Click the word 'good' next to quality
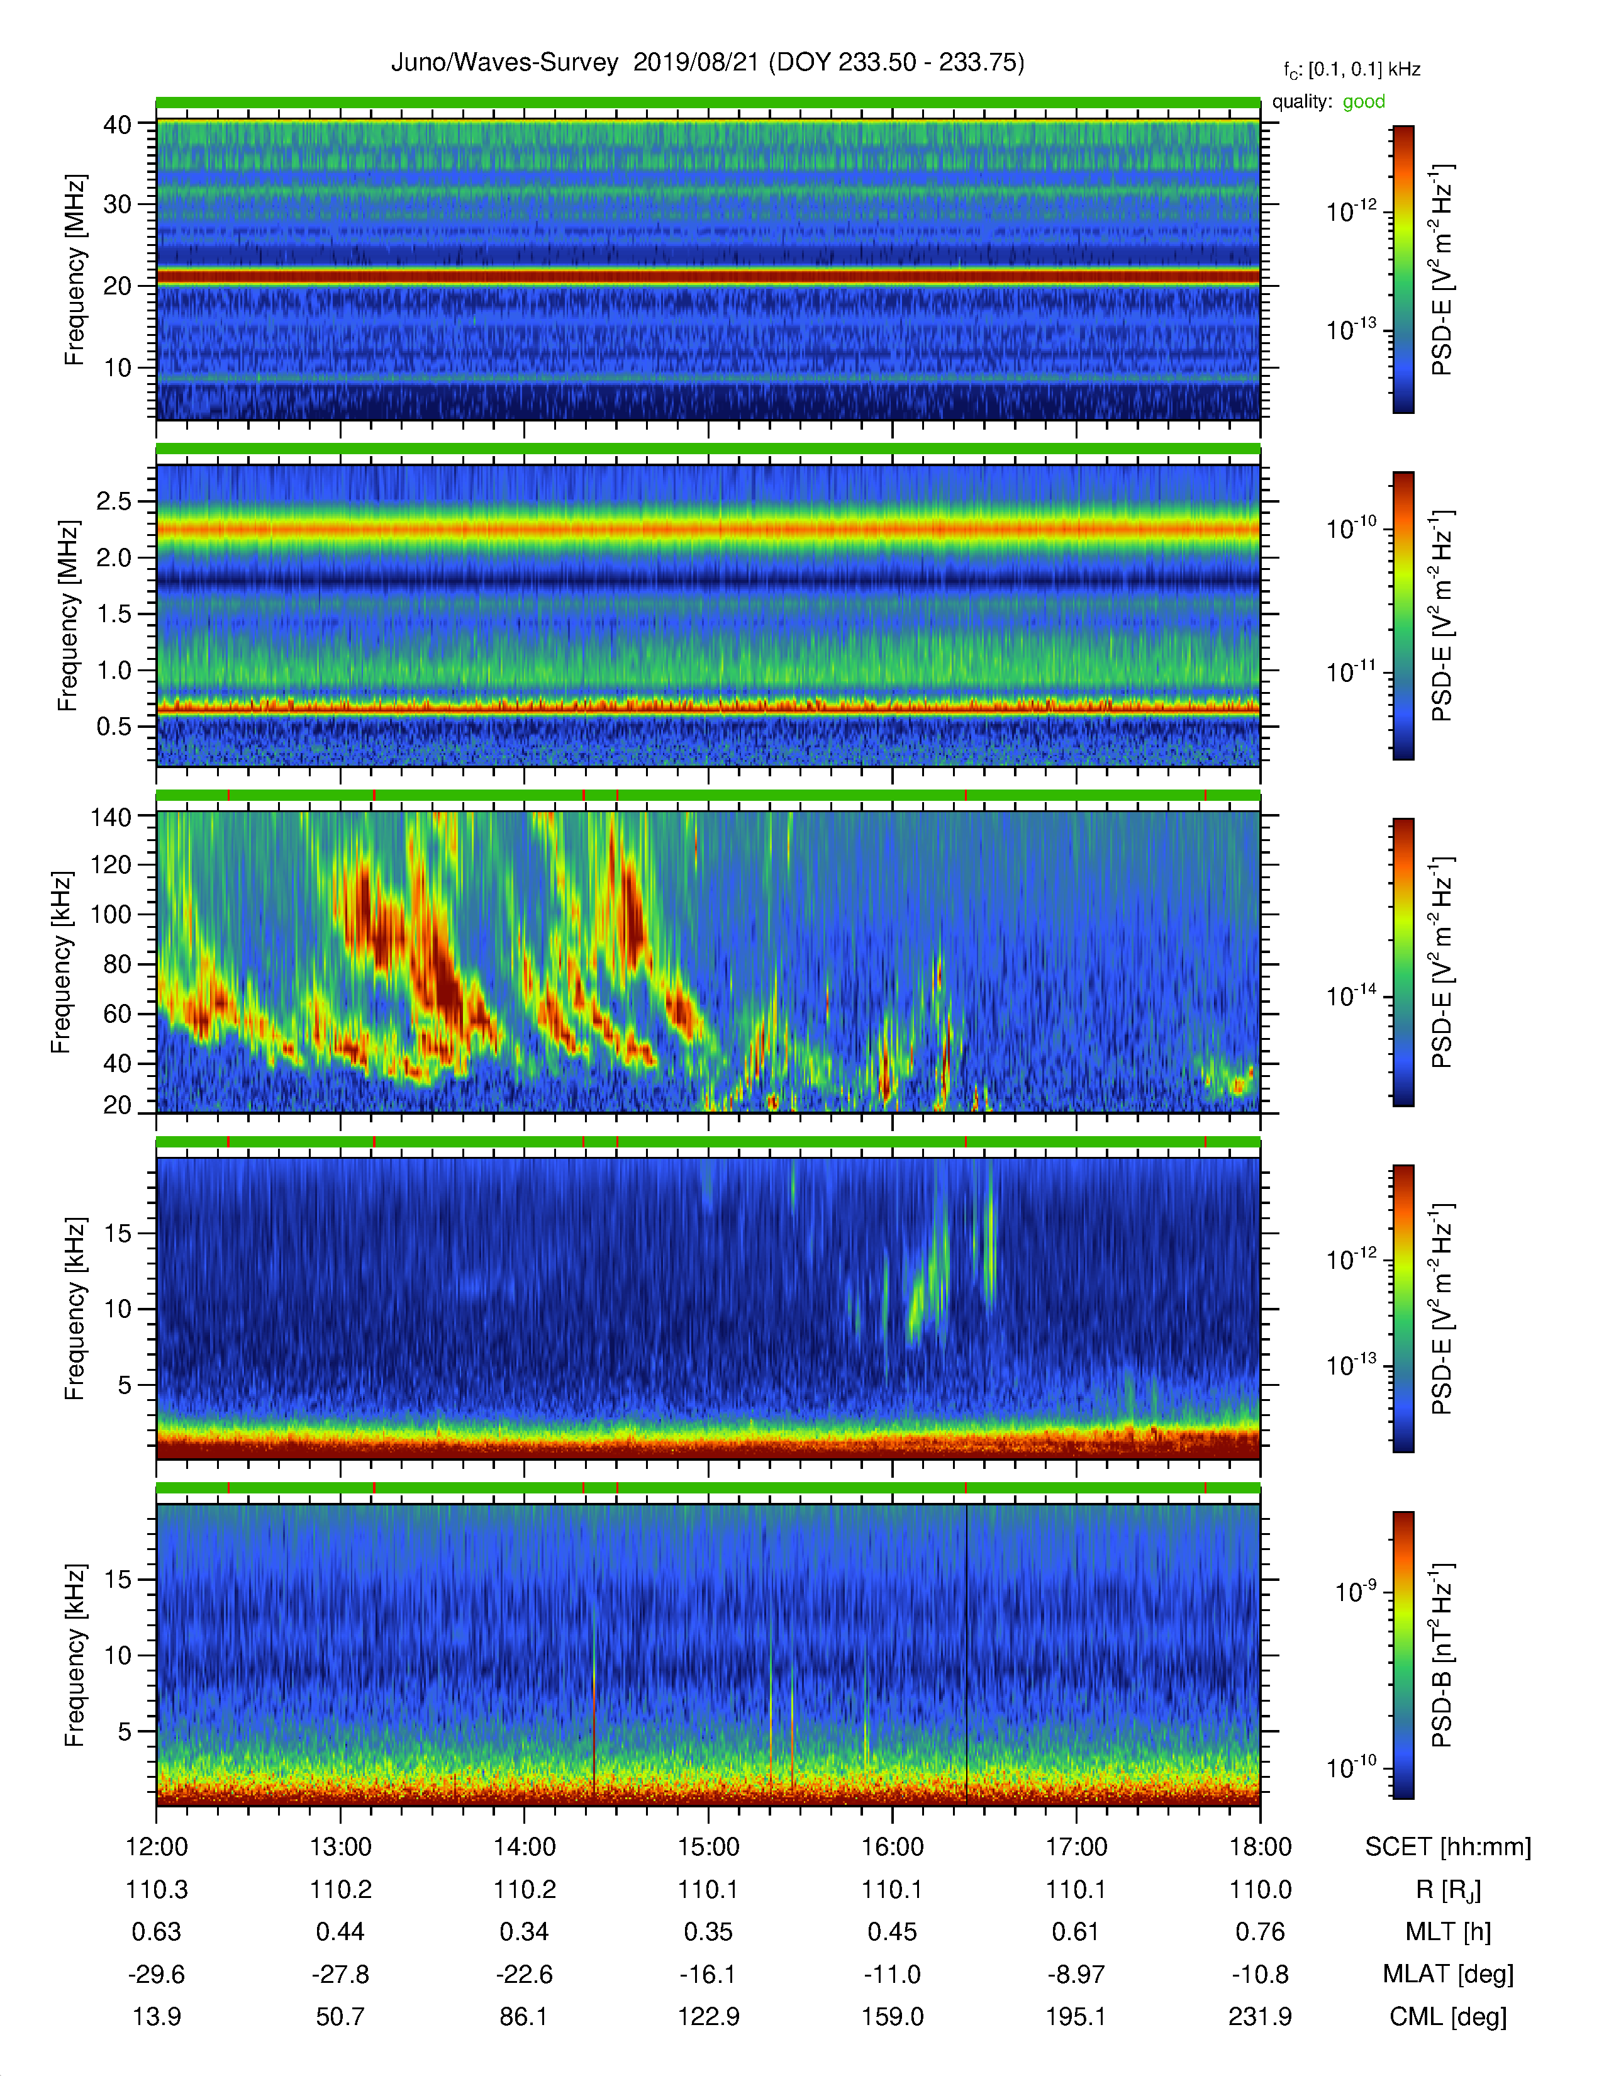[x=1364, y=102]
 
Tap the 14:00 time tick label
[x=525, y=1847]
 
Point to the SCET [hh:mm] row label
[x=1448, y=1847]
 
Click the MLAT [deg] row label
[x=1448, y=1974]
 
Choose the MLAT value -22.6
[x=525, y=1974]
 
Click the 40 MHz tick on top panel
[x=117, y=125]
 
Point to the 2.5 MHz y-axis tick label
[x=113, y=501]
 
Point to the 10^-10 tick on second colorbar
[x=1351, y=528]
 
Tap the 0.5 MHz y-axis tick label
[x=113, y=726]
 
